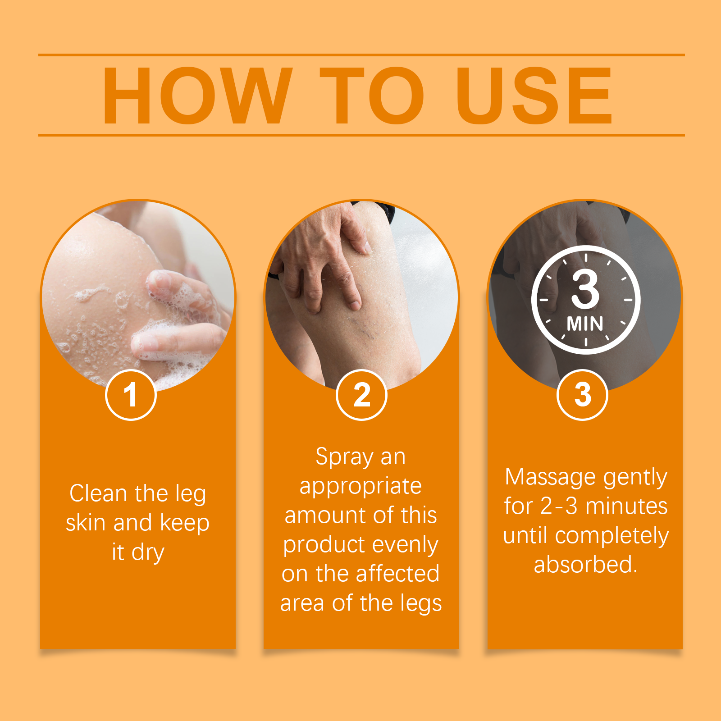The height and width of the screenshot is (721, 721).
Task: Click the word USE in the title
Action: pos(534,95)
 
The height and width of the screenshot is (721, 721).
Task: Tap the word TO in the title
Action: pos(372,95)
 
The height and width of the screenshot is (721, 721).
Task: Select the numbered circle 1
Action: pos(131,395)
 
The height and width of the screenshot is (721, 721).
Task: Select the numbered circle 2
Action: pos(361,395)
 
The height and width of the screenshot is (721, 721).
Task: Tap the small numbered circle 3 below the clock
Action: pos(582,395)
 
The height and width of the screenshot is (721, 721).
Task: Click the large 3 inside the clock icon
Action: pos(585,290)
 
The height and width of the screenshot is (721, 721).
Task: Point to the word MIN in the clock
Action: pos(585,324)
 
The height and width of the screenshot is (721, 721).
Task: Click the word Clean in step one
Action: pos(98,493)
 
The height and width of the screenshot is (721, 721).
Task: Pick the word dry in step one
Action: pos(147,552)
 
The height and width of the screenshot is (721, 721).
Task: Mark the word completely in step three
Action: pos(611,536)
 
